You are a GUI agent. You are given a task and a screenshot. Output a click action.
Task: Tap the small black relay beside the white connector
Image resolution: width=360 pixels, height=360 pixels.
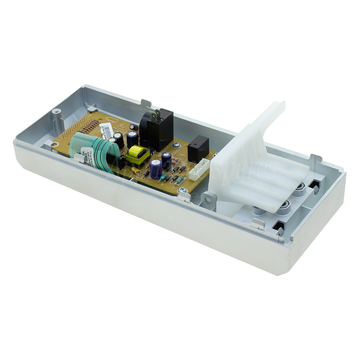point(198,145)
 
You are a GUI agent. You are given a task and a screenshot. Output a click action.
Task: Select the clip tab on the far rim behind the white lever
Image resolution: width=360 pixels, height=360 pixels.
point(317,159)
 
